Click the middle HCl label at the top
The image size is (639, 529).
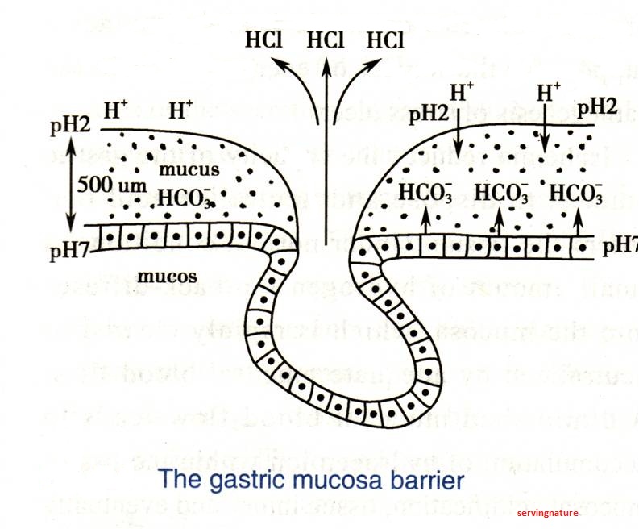325,40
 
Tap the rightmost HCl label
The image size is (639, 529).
388,40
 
